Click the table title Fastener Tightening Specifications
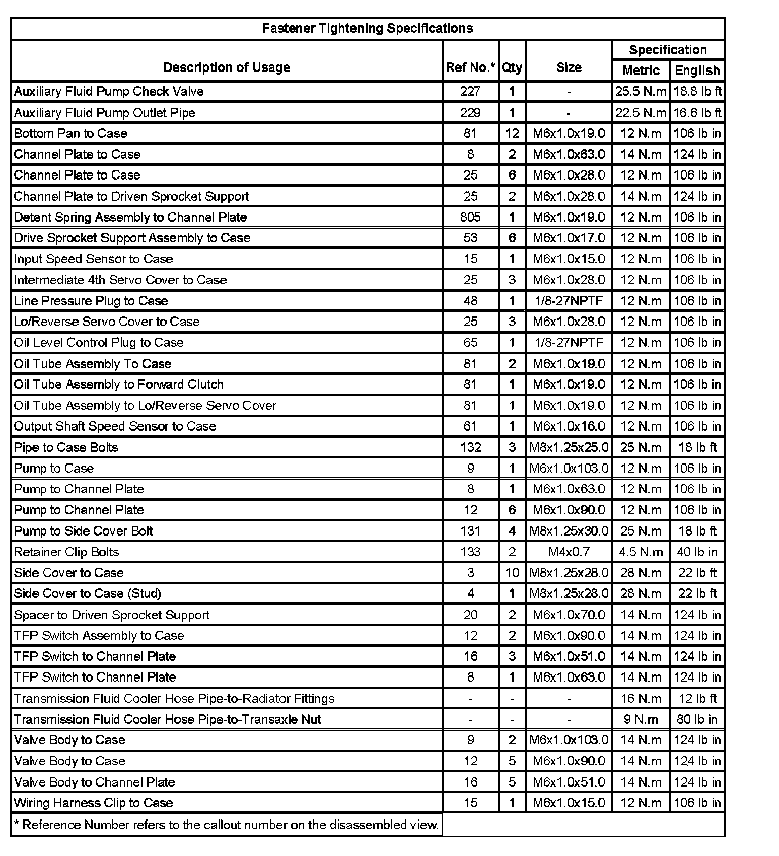pos(368,28)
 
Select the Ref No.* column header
pos(470,67)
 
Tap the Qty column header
pos(512,67)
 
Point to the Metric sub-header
pos(641,70)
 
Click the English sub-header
pos(697,70)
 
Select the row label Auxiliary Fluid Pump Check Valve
pos(109,91)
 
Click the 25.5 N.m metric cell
pos(641,91)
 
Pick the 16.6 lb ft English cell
pos(697,113)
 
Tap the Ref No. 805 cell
pos(470,217)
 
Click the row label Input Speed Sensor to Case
pos(94,259)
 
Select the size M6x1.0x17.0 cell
pos(569,238)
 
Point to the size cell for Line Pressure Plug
pos(569,301)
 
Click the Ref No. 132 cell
pos(470,447)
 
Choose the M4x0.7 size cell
pos(569,552)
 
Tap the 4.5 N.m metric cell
pos(641,552)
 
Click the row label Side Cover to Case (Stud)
pos(88,593)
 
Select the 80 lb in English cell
pos(697,719)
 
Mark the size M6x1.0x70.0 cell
pos(569,615)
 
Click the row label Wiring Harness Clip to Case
pos(94,803)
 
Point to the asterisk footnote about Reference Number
pos(226,825)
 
